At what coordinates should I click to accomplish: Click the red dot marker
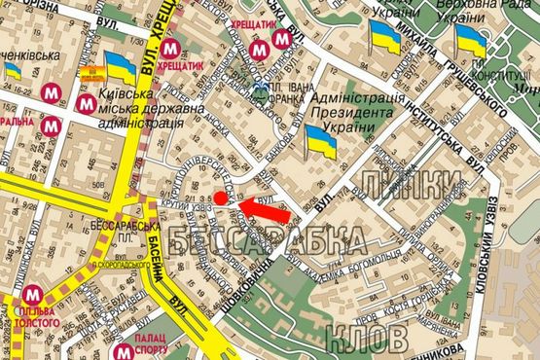(220, 198)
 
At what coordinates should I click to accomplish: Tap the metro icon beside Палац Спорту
(124, 353)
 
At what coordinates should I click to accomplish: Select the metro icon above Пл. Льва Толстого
(33, 295)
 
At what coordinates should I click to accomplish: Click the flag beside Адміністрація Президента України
(321, 144)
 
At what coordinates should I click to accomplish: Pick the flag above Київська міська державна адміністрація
(121, 70)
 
